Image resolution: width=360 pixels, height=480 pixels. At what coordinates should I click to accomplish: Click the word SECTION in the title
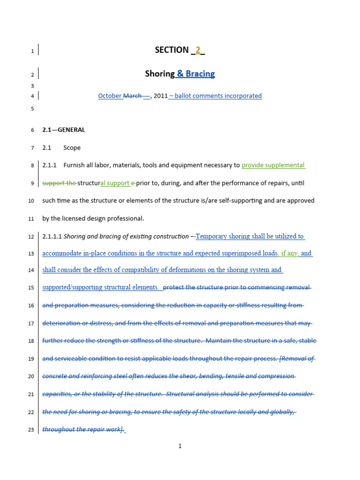click(172, 50)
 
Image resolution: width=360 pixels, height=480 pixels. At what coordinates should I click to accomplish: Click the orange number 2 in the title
click(198, 50)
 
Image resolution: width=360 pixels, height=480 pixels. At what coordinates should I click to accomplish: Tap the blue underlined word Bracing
click(200, 74)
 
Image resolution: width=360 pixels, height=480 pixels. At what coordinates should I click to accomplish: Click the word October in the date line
click(110, 96)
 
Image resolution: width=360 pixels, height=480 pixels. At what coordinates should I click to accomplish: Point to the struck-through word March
click(132, 96)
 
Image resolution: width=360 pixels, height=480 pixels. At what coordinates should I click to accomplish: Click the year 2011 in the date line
click(160, 96)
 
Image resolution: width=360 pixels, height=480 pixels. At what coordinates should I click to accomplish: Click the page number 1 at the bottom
click(180, 446)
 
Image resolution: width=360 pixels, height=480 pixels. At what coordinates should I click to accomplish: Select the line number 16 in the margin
click(31, 306)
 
